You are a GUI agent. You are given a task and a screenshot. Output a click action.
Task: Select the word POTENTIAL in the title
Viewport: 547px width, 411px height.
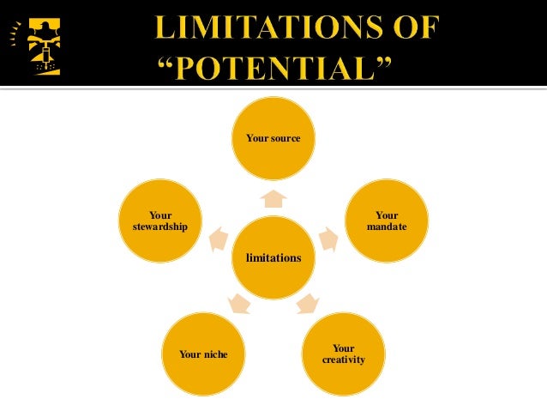277,65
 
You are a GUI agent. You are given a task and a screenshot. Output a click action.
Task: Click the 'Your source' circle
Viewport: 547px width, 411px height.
273,137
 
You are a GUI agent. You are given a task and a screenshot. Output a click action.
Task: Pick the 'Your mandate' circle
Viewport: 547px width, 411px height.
386,221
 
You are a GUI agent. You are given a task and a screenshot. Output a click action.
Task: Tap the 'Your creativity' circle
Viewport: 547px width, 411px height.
343,354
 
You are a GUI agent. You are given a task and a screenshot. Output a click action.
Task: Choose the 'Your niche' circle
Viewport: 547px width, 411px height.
203,354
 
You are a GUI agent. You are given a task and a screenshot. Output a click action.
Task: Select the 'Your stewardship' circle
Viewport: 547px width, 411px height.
159,221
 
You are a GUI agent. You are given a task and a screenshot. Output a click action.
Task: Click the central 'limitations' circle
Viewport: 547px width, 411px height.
273,257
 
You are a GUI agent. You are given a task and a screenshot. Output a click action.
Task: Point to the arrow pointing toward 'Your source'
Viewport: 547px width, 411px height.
273,199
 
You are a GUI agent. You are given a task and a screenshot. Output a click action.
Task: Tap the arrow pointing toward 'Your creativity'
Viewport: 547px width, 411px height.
307,303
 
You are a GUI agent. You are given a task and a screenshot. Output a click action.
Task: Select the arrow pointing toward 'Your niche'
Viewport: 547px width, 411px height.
240,303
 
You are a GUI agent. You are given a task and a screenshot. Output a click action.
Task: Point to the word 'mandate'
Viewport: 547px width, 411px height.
386,227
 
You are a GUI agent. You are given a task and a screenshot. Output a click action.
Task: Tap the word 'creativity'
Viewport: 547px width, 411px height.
343,360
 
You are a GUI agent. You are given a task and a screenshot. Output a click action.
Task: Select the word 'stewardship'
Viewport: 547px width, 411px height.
159,227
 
